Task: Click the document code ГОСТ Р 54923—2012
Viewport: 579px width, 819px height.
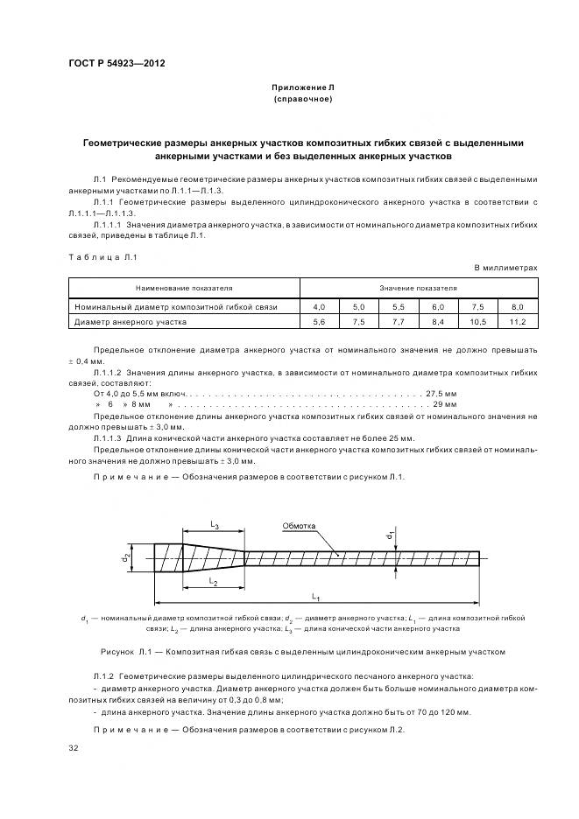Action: point(117,65)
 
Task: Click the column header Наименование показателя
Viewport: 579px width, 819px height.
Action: point(184,287)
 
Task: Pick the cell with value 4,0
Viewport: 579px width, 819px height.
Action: point(319,307)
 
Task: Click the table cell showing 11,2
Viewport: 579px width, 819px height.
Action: point(517,322)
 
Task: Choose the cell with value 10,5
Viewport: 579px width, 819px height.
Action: point(477,322)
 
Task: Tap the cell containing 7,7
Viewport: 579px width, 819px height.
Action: point(398,322)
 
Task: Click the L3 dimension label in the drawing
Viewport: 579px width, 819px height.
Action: point(214,524)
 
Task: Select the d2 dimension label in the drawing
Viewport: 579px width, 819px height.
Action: point(126,556)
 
